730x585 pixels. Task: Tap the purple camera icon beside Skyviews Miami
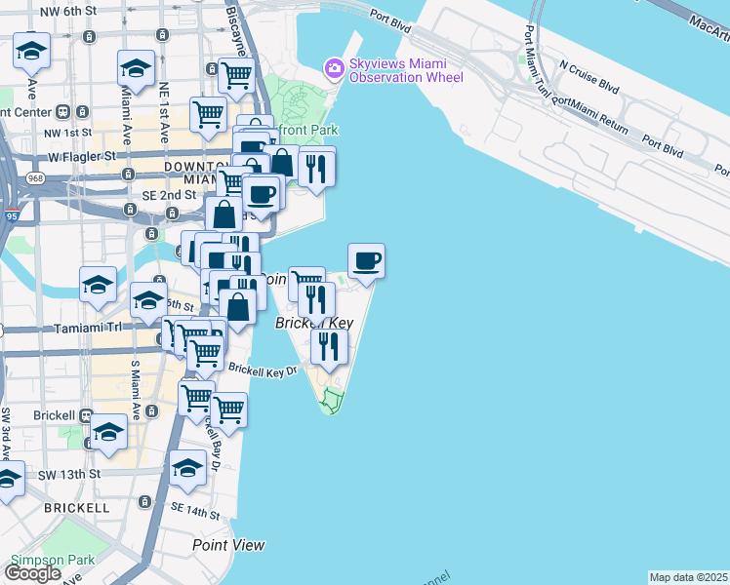(x=334, y=66)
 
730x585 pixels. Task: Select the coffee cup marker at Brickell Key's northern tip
(x=366, y=261)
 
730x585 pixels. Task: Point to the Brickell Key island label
(x=313, y=324)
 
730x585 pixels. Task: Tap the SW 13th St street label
(x=68, y=474)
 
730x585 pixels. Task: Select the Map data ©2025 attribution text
(x=689, y=577)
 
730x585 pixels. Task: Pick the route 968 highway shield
(x=36, y=178)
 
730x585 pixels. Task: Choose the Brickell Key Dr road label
(x=262, y=370)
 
